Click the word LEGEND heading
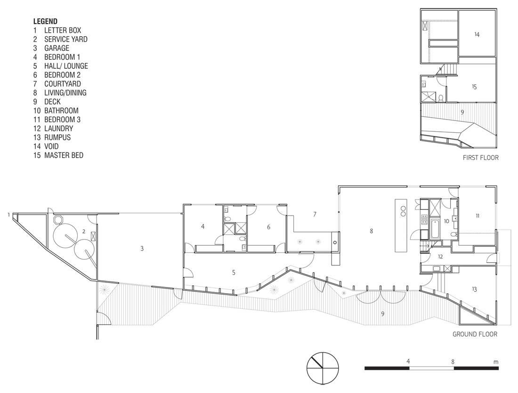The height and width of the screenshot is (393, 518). [x=45, y=22]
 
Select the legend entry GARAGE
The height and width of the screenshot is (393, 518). [x=57, y=48]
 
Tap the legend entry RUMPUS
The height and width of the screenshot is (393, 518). [x=57, y=137]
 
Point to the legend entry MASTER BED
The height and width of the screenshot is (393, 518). [x=64, y=155]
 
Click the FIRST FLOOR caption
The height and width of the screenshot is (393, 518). [x=481, y=158]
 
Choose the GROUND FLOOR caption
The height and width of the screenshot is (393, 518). [x=475, y=334]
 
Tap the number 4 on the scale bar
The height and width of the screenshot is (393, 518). [x=408, y=361]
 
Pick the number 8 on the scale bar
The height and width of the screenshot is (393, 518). [x=453, y=361]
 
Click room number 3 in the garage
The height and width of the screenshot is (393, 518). [x=142, y=249]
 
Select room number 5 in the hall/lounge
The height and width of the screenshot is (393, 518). [x=234, y=273]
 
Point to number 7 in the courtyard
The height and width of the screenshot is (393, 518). [x=315, y=214]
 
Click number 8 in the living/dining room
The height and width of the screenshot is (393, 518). [x=372, y=231]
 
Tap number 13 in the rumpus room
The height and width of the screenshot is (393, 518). [x=474, y=289]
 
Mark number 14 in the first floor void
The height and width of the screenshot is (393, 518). [x=477, y=34]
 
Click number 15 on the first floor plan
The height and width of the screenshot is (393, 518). [x=474, y=87]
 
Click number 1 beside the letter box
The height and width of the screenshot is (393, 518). [x=8, y=215]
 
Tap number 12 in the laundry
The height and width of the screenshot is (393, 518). [x=440, y=257]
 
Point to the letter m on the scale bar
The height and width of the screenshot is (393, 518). [x=496, y=362]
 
